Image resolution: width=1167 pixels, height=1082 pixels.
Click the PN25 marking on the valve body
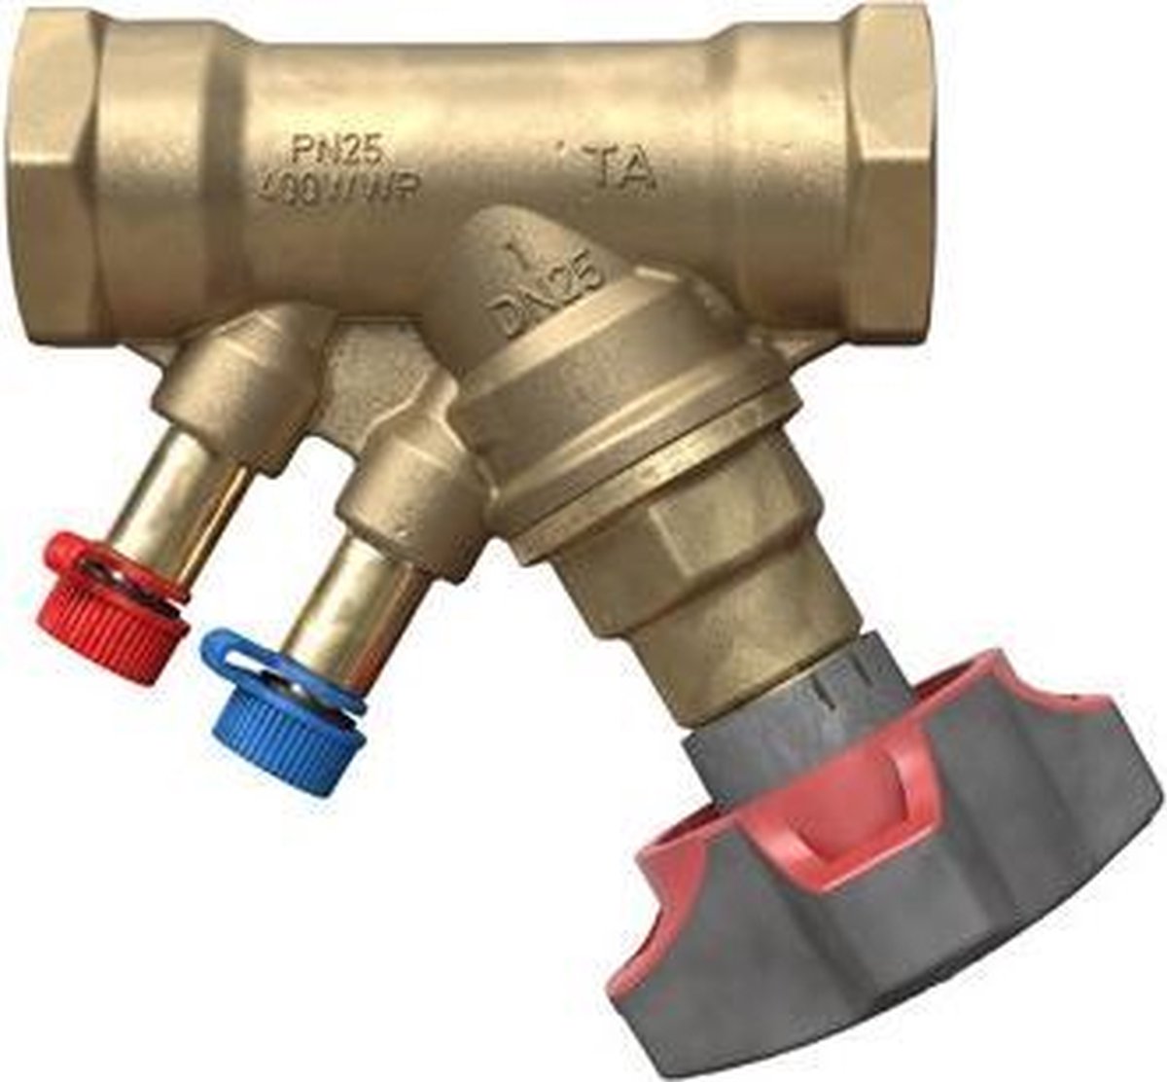tap(336, 150)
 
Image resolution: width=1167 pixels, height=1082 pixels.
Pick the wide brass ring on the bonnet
tap(622, 409)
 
